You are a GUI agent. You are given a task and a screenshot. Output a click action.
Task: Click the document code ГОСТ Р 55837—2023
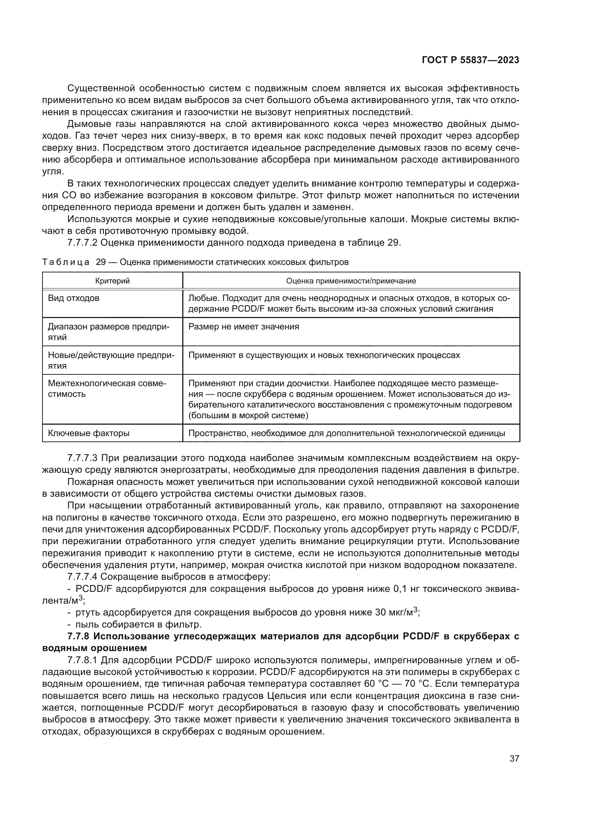(x=470, y=60)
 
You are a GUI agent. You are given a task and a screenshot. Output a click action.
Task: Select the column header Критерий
(x=112, y=281)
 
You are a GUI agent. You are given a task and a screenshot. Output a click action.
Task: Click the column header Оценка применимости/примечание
(x=351, y=281)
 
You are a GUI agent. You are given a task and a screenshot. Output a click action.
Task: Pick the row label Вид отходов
(x=74, y=298)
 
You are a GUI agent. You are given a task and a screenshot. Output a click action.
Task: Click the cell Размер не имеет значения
(x=243, y=327)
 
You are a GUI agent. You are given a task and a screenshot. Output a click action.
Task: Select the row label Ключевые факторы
(x=89, y=433)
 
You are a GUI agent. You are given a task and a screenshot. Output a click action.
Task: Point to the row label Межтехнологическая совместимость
(x=107, y=389)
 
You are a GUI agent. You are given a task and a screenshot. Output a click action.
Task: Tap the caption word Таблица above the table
(x=66, y=262)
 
